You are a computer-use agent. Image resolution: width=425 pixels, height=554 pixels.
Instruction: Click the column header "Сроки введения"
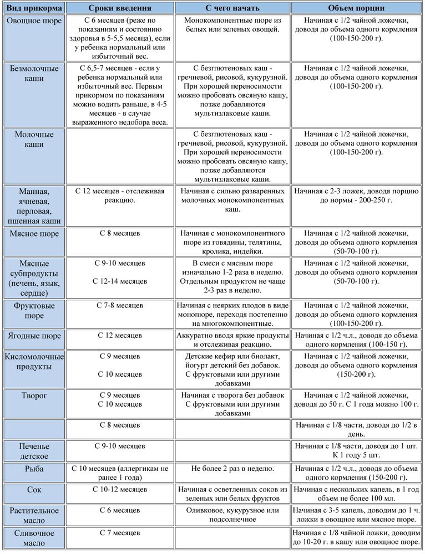[x=120, y=8]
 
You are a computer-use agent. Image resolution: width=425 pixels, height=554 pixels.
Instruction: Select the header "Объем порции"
[x=356, y=8]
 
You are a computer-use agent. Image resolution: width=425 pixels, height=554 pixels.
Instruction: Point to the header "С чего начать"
[x=232, y=8]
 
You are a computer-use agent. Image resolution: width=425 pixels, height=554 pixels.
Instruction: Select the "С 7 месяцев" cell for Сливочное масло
[x=120, y=533]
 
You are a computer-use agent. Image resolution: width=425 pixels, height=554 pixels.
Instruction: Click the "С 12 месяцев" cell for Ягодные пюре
[x=120, y=336]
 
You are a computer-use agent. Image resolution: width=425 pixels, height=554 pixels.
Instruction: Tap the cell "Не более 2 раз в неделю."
[x=232, y=469]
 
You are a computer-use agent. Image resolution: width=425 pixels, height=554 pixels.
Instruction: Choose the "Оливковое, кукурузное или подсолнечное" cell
[x=232, y=515]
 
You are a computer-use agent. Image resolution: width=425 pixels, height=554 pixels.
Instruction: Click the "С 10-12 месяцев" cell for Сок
[x=120, y=490]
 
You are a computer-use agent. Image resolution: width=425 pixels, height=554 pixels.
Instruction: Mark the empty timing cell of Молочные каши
[x=120, y=156]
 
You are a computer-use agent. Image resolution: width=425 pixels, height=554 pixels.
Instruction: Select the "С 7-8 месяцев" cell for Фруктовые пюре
[x=120, y=306]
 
